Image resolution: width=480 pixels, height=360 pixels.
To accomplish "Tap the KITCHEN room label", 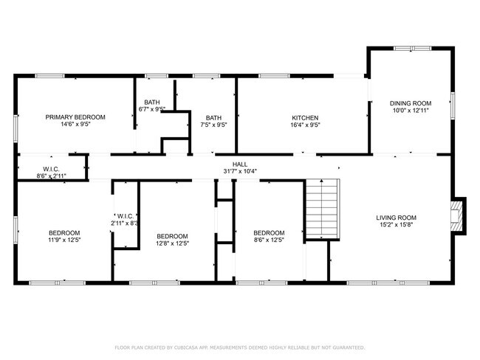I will click(305, 118).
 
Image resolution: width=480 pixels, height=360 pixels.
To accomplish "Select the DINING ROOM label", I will click(411, 103).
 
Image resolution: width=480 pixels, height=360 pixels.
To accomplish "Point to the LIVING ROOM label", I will click(396, 218).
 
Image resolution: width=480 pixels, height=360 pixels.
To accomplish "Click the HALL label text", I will click(240, 164).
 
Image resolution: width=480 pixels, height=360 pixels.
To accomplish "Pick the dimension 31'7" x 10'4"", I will click(240, 171).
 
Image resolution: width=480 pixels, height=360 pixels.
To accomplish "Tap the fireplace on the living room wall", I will click(459, 215).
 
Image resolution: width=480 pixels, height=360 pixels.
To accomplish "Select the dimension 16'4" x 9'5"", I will click(305, 125).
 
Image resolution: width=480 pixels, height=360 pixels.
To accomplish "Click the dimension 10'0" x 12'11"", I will click(411, 111).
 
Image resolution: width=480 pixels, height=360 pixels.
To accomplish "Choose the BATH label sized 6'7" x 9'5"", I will click(152, 103).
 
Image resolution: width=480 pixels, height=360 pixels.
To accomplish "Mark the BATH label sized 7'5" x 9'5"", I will click(213, 118).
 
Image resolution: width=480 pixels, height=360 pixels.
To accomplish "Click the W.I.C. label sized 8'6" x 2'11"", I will click(51, 170).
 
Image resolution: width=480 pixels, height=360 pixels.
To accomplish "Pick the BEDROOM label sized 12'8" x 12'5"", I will click(172, 236).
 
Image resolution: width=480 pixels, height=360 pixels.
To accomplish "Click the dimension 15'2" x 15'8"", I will click(396, 226).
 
